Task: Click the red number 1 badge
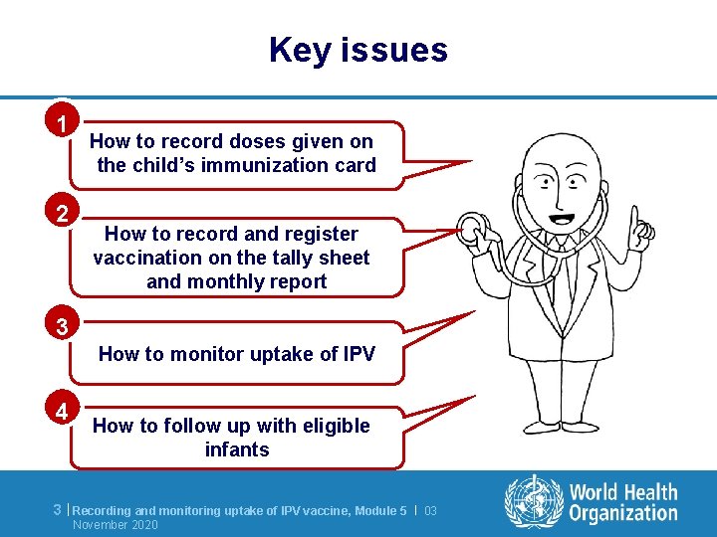(63, 124)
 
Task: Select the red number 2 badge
(63, 213)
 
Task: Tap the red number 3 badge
(63, 325)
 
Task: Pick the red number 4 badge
(63, 411)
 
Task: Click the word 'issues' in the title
(396, 50)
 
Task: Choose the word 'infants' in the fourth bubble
(237, 449)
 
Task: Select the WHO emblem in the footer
(533, 502)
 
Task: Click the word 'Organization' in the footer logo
(623, 513)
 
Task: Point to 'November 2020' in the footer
(116, 524)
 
